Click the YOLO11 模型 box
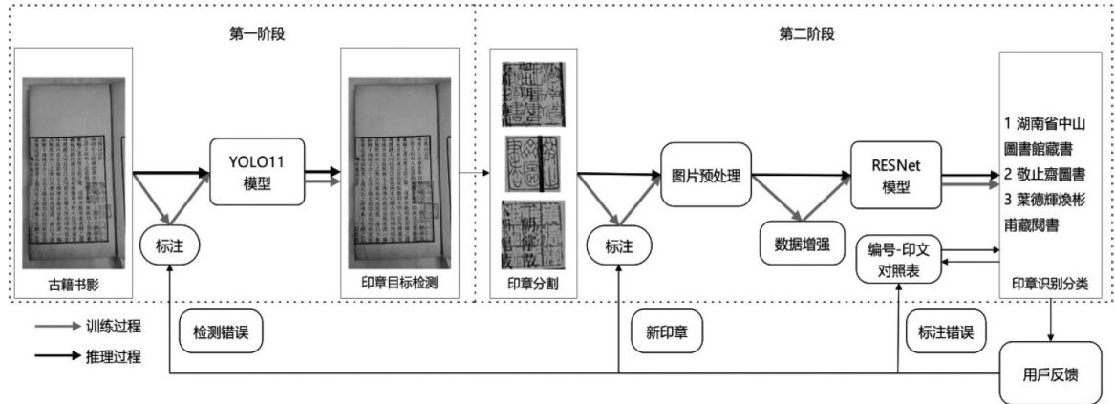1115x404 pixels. click(258, 171)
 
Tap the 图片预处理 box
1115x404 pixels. click(705, 176)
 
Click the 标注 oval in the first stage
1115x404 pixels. click(167, 245)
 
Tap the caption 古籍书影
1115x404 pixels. click(74, 284)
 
